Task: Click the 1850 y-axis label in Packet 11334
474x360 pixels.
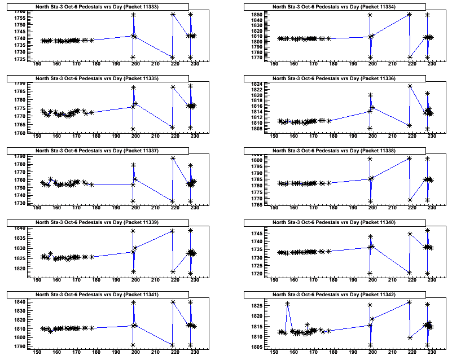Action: (x=256, y=15)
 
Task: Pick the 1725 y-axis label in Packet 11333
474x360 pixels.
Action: (x=19, y=59)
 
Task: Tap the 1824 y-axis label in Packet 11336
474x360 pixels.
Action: (x=256, y=84)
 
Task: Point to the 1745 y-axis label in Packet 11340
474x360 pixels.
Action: (x=256, y=234)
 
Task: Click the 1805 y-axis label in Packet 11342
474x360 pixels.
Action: (x=256, y=346)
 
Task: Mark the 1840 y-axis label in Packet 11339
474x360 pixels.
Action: (x=19, y=229)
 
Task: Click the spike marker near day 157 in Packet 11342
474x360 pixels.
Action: (x=287, y=304)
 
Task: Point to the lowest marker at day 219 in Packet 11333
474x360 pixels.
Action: (x=172, y=57)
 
